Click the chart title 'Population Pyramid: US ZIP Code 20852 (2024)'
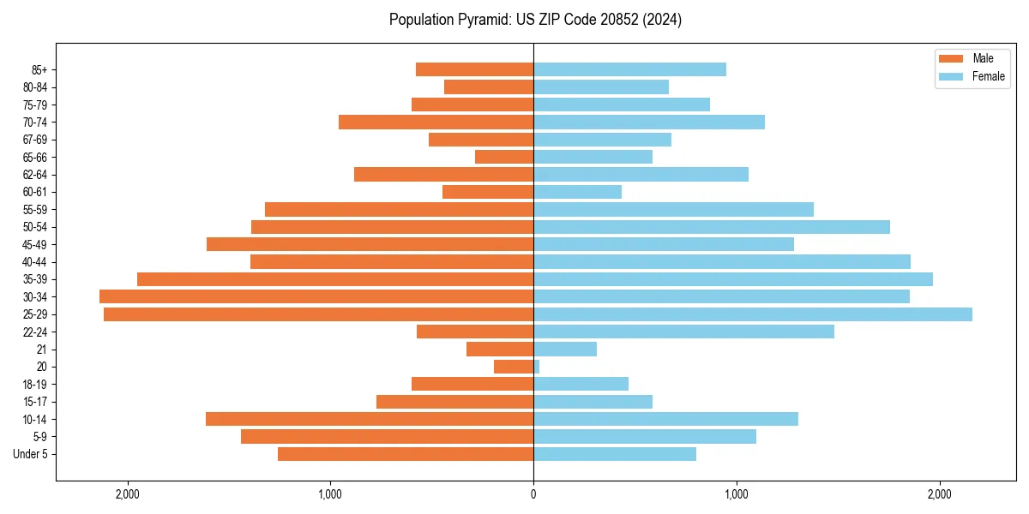click(x=535, y=20)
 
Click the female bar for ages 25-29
click(x=753, y=314)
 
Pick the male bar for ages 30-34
click(x=316, y=296)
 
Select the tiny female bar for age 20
click(x=537, y=367)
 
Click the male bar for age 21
click(x=500, y=350)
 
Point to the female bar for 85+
click(x=629, y=69)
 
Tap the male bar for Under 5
click(x=406, y=454)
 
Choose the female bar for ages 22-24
click(x=683, y=332)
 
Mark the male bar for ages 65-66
click(x=504, y=157)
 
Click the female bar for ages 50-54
click(x=712, y=227)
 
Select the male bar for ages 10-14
click(x=370, y=419)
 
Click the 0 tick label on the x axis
click(x=533, y=494)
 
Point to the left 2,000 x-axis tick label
click(x=128, y=494)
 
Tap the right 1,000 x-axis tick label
click(x=737, y=494)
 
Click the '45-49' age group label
click(x=35, y=244)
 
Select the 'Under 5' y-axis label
click(x=31, y=454)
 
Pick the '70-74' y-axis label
click(x=35, y=122)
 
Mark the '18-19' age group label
click(x=35, y=385)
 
